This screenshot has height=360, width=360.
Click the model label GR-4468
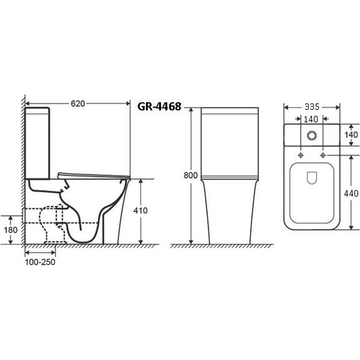[x=159, y=107]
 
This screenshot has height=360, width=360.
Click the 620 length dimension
[x=78, y=104]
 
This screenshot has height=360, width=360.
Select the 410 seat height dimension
[x=140, y=210]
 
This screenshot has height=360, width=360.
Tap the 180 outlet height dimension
[x=11, y=230]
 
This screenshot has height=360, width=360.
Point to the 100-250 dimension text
[x=40, y=262]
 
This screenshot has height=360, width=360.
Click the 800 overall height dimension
[x=190, y=176]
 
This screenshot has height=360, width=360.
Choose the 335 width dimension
[x=312, y=107]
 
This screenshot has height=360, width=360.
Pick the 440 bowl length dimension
[x=351, y=193]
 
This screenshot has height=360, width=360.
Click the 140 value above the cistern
[x=311, y=119]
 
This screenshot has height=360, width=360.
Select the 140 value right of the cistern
[x=351, y=135]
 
